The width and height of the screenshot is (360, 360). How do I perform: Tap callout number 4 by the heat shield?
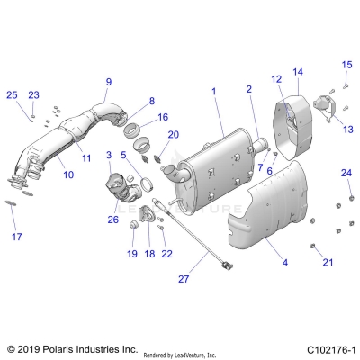tap(285, 263)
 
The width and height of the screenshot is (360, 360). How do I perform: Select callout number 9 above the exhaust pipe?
tap(108, 81)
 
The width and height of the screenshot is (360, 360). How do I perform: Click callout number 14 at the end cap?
tap(298, 71)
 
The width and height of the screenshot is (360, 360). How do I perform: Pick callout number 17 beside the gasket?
tap(15, 237)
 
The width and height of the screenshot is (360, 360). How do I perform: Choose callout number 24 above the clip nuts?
tap(346, 172)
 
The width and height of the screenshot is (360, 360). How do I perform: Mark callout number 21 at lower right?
tap(328, 262)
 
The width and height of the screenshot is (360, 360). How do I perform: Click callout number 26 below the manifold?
tap(113, 219)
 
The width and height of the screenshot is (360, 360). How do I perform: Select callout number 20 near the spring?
tap(174, 135)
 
